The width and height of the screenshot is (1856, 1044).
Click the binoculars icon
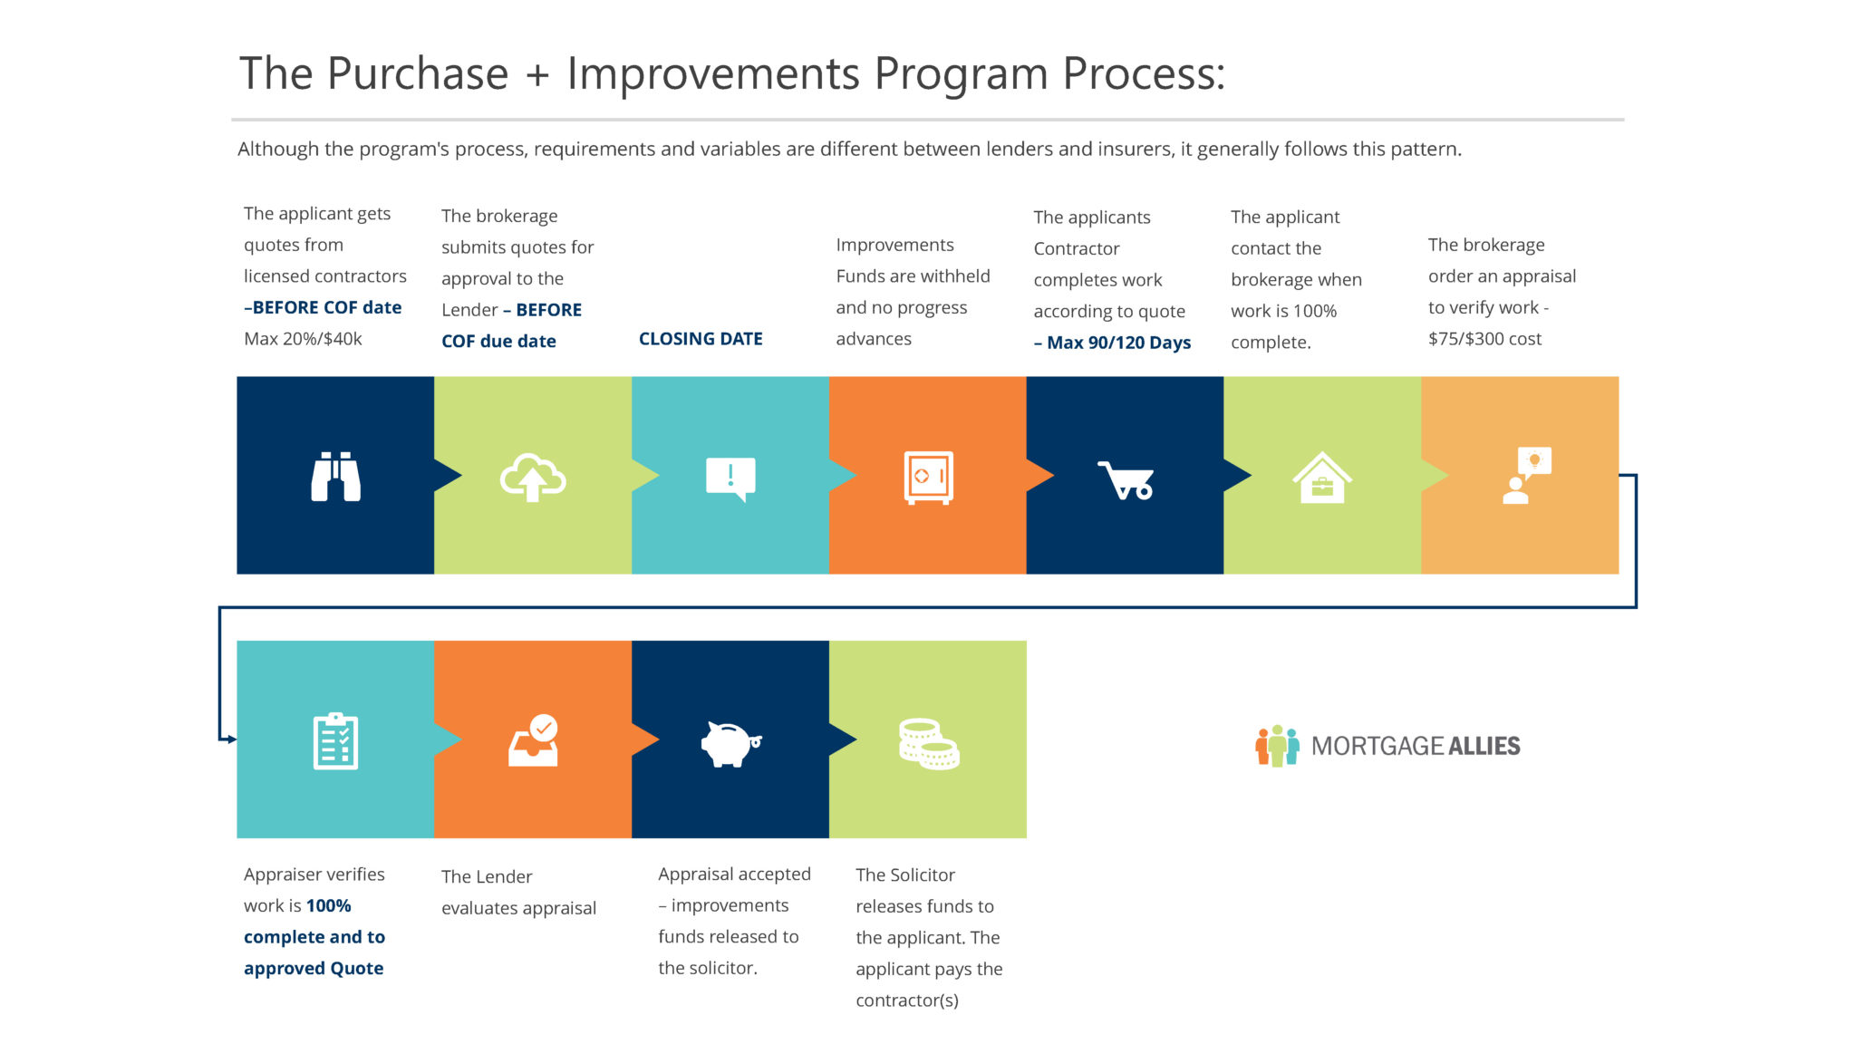pos(335,476)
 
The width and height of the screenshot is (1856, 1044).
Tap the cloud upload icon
pos(533,477)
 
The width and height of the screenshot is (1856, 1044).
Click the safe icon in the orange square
pos(928,477)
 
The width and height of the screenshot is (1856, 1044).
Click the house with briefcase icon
pos(1322,478)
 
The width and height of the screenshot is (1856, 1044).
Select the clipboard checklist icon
pos(335,741)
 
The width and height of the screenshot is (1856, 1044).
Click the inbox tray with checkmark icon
pos(534,741)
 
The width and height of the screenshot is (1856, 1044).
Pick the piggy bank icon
pos(730,743)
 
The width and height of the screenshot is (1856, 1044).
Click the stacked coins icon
pos(928,744)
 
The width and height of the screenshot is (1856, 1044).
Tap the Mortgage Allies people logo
pos(1277,746)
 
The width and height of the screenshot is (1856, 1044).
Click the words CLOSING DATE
pos(701,339)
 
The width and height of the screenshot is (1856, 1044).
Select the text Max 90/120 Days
pos(1118,343)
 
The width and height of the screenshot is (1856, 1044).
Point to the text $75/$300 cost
pos(1484,339)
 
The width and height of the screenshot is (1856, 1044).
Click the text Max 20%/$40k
pos(303,339)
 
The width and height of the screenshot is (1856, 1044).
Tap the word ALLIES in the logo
pos(1484,747)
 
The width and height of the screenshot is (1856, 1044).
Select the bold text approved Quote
pos(314,968)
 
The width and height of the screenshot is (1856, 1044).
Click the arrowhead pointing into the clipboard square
pos(232,739)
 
